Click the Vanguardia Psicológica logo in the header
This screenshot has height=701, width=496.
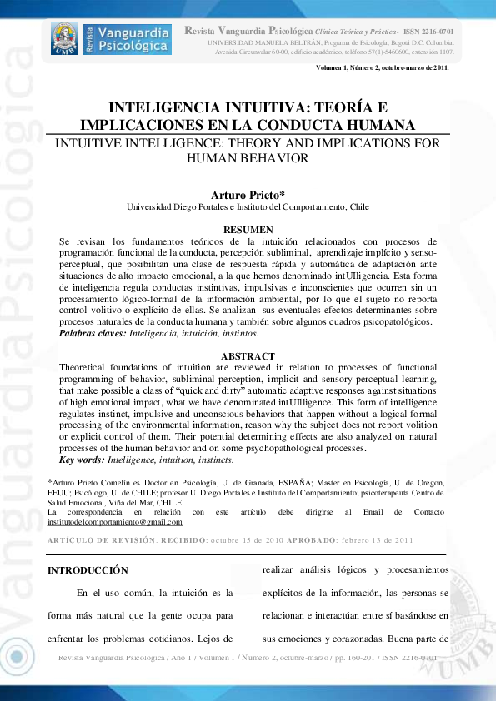(x=111, y=38)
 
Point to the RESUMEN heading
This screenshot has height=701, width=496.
(x=248, y=230)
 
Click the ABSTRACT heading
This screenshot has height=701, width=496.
(x=248, y=356)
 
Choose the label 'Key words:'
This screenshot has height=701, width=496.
(x=82, y=460)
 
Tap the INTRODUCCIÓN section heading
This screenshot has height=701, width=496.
(x=88, y=570)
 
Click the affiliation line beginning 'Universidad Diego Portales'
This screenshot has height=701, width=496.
(x=248, y=207)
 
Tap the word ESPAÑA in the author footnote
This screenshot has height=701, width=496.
(x=289, y=482)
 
